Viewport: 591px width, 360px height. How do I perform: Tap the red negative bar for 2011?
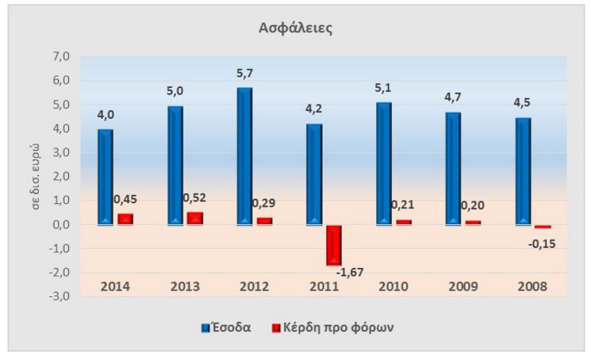(x=334, y=245)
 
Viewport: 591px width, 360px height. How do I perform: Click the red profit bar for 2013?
(x=194, y=218)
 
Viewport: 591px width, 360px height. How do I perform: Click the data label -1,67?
(x=350, y=272)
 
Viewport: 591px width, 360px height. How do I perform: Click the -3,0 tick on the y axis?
(x=60, y=296)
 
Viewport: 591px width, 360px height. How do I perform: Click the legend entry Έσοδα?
(x=227, y=327)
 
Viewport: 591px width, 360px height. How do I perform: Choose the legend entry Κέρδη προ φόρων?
(x=332, y=327)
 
